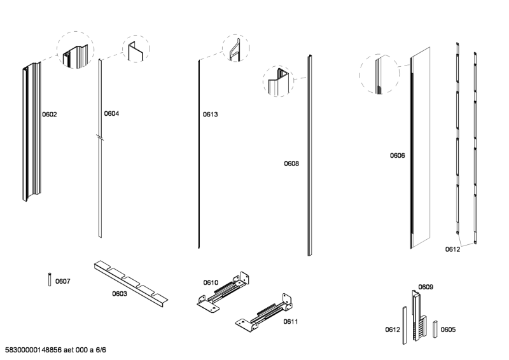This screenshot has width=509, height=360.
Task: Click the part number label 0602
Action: (x=50, y=115)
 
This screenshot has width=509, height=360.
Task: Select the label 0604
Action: (x=111, y=114)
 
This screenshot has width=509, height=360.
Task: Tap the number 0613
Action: (x=211, y=115)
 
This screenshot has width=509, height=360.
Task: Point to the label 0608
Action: (x=291, y=163)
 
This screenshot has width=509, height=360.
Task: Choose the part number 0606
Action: (x=398, y=155)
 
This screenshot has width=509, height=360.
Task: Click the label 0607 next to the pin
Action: (x=63, y=280)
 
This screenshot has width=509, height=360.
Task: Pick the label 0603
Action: (x=120, y=294)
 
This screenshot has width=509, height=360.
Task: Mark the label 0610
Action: (x=211, y=282)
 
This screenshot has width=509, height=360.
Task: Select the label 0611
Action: (x=291, y=321)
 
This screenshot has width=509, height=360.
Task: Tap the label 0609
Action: (x=426, y=287)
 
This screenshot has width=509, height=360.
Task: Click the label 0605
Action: (x=448, y=329)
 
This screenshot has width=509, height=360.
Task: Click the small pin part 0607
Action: (x=50, y=279)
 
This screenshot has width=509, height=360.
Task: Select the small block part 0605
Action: (x=435, y=328)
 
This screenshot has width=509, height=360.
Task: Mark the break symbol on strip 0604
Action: (x=99, y=137)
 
